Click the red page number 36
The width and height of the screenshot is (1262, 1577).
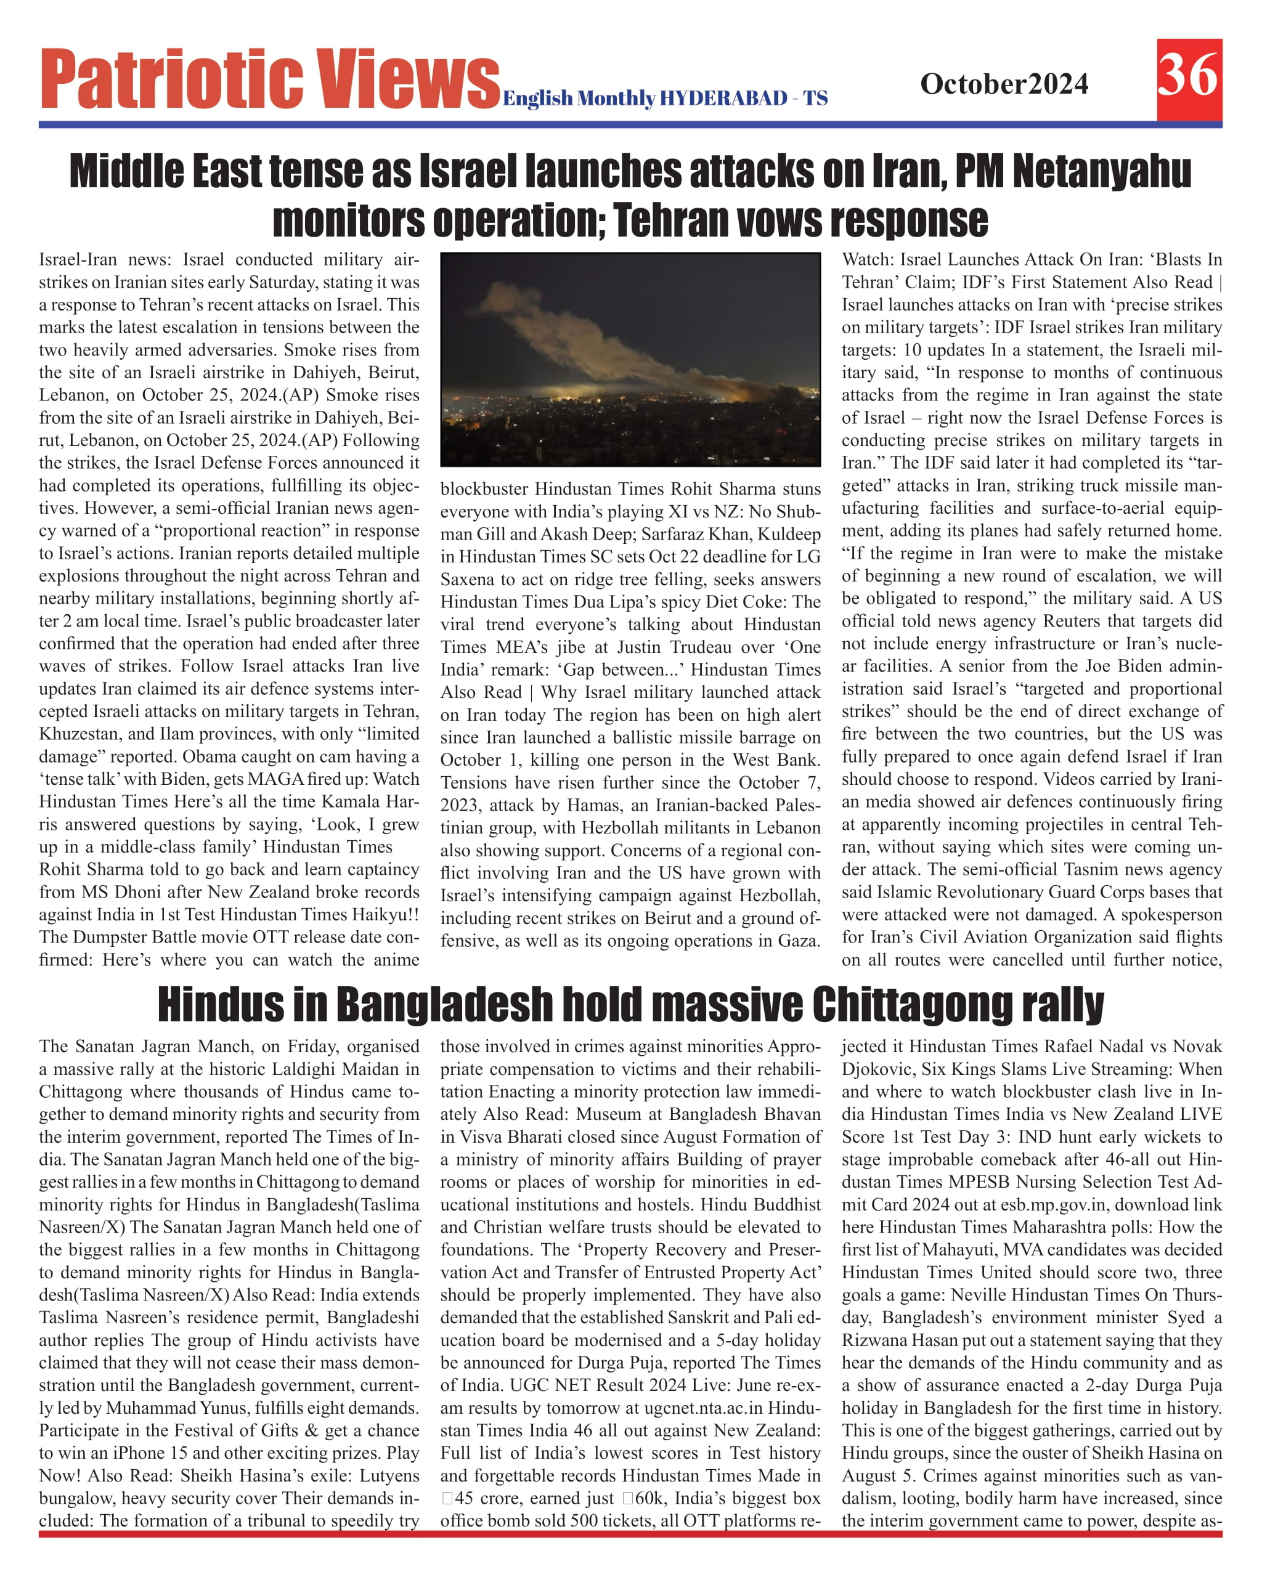pos(1188,76)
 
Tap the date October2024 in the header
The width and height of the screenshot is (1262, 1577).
pos(1004,84)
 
